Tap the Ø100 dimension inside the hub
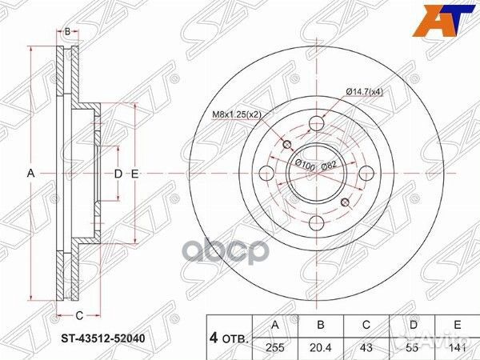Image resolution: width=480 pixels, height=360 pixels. [305, 164]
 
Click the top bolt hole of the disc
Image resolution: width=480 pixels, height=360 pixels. [317, 123]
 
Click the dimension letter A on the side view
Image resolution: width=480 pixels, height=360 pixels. [31, 174]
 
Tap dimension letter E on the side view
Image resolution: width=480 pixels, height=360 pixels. [135, 174]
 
